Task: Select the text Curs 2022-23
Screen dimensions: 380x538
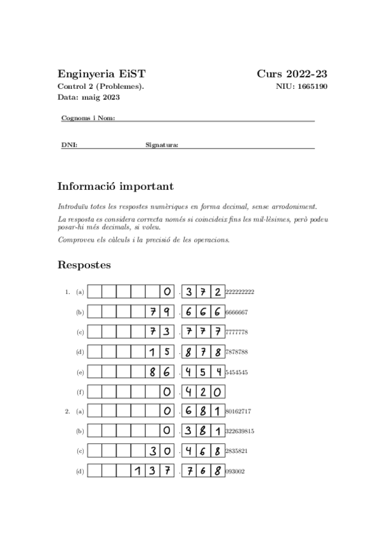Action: tap(292, 74)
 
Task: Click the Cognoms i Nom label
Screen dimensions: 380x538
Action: tap(88, 119)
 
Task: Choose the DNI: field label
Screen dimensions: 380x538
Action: tap(69, 145)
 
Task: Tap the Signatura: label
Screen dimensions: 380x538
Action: tap(162, 145)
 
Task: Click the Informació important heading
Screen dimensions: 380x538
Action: tap(115, 187)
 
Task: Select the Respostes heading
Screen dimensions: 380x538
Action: tap(84, 264)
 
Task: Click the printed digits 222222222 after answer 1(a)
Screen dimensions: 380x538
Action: tap(240, 292)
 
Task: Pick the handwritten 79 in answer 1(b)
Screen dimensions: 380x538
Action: tap(160, 312)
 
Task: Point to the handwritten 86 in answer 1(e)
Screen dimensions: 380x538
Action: tap(160, 372)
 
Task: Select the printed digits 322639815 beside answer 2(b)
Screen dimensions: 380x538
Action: tap(240, 431)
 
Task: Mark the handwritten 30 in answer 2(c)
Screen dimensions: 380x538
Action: tap(160, 451)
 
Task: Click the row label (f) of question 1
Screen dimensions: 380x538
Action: tap(80, 392)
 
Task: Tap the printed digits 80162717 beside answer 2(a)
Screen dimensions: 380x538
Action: tap(239, 412)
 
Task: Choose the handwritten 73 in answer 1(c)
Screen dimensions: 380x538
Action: tap(160, 332)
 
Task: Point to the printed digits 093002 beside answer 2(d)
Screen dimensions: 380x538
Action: tap(235, 471)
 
